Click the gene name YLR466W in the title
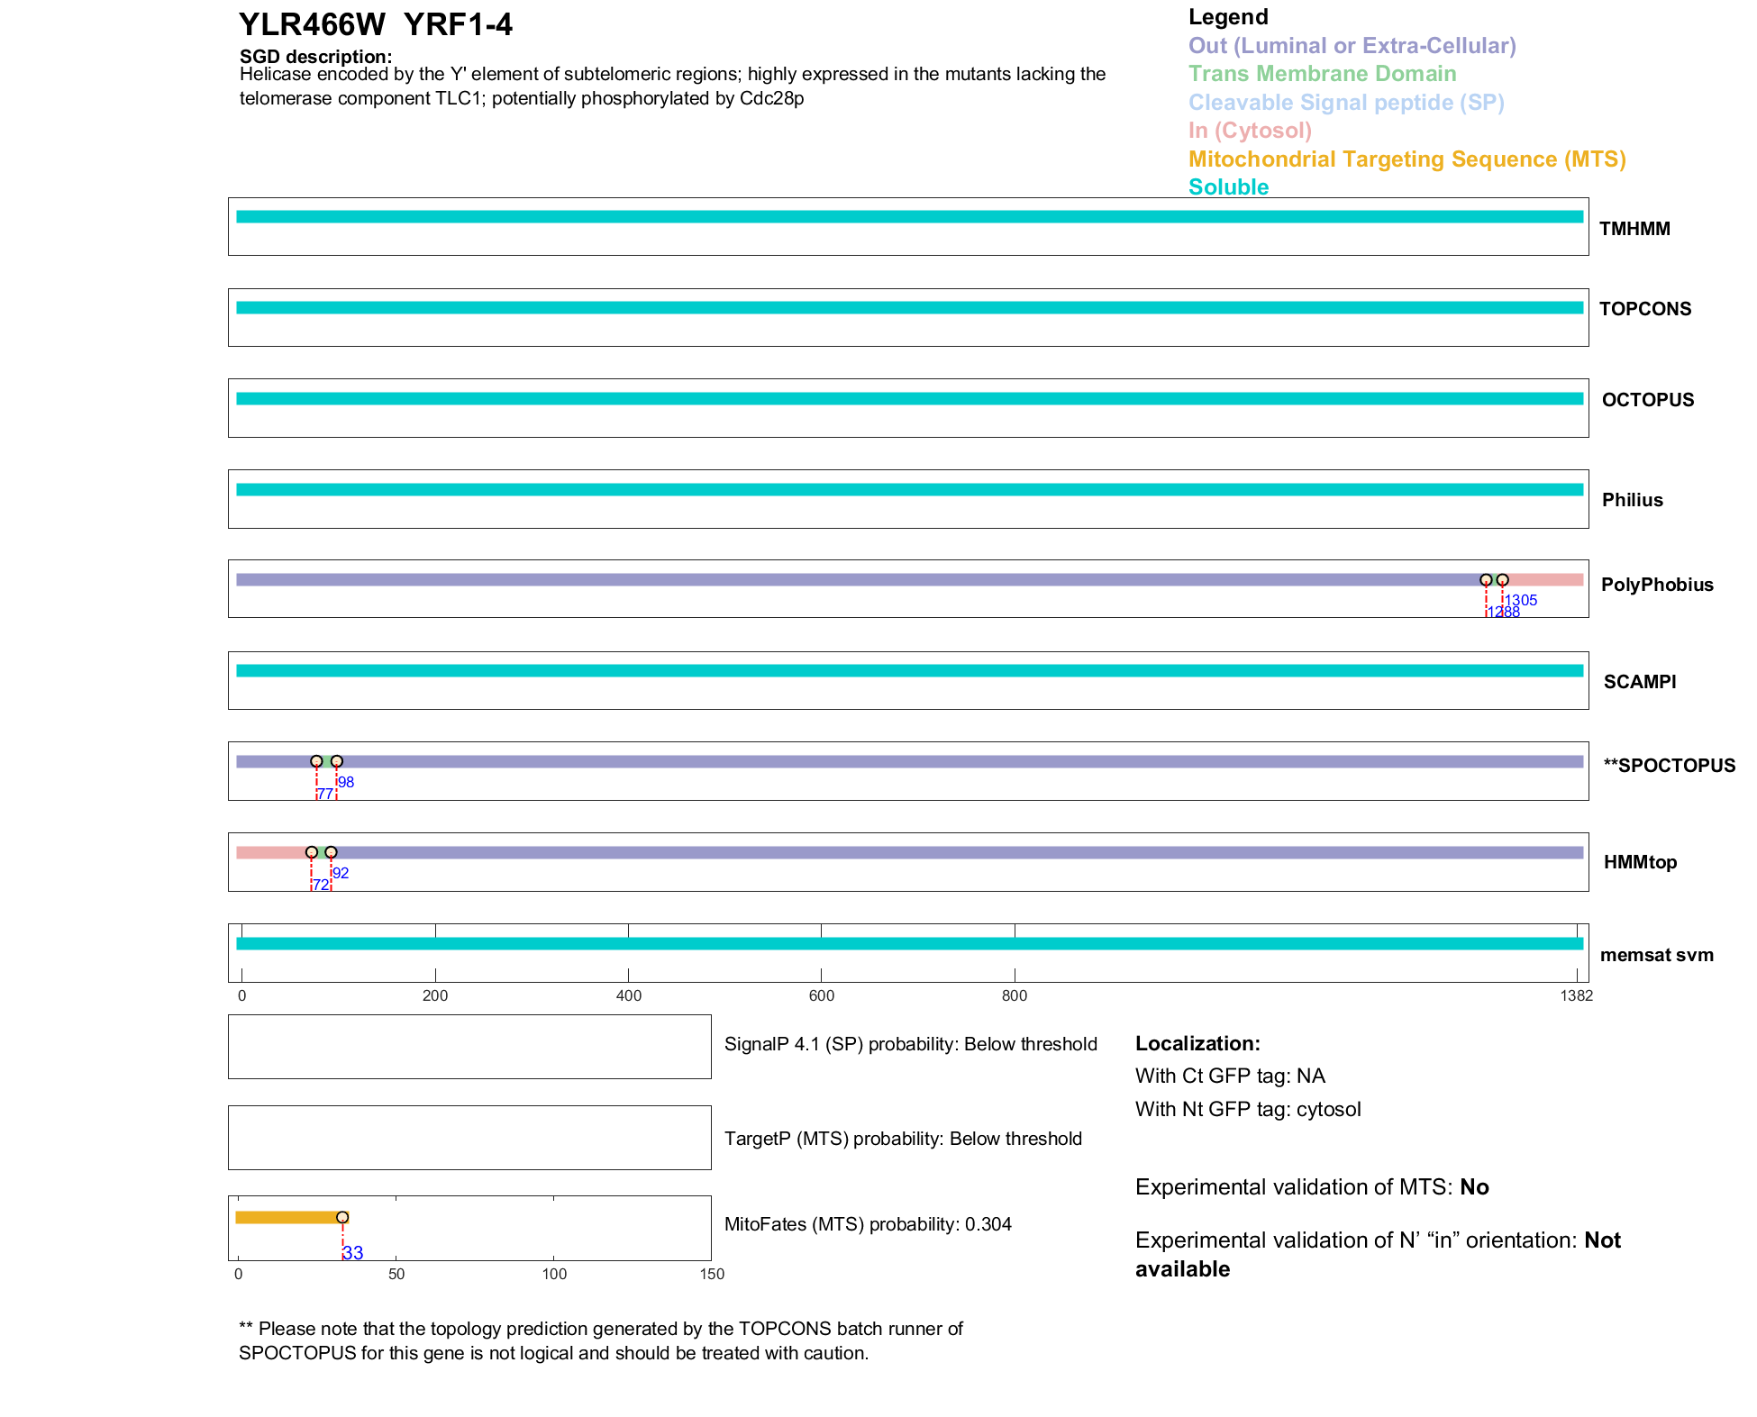pyautogui.click(x=312, y=25)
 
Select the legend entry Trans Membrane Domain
pyautogui.click(x=1322, y=74)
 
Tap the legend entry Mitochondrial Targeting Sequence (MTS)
pyautogui.click(x=1407, y=159)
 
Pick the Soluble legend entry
pyautogui.click(x=1228, y=187)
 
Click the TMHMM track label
pyautogui.click(x=1634, y=229)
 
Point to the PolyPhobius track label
pyautogui.click(x=1656, y=585)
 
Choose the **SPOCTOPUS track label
pyautogui.click(x=1669, y=766)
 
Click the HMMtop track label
pyautogui.click(x=1640, y=862)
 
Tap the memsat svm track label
pyautogui.click(x=1656, y=955)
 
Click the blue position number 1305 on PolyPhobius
pyautogui.click(x=1521, y=601)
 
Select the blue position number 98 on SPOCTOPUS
pyautogui.click(x=346, y=782)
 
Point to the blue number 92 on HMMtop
pyautogui.click(x=341, y=873)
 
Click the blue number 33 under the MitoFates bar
pyautogui.click(x=353, y=1253)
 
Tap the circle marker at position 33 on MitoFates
pyautogui.click(x=342, y=1217)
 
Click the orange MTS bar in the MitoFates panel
pyautogui.click(x=286, y=1217)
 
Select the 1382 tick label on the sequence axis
pyautogui.click(x=1576, y=995)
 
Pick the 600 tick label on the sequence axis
pyautogui.click(x=821, y=995)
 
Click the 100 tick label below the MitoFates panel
pyautogui.click(x=554, y=1274)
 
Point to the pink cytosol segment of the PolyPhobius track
pyautogui.click(x=1545, y=580)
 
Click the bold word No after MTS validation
pyautogui.click(x=1474, y=1187)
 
